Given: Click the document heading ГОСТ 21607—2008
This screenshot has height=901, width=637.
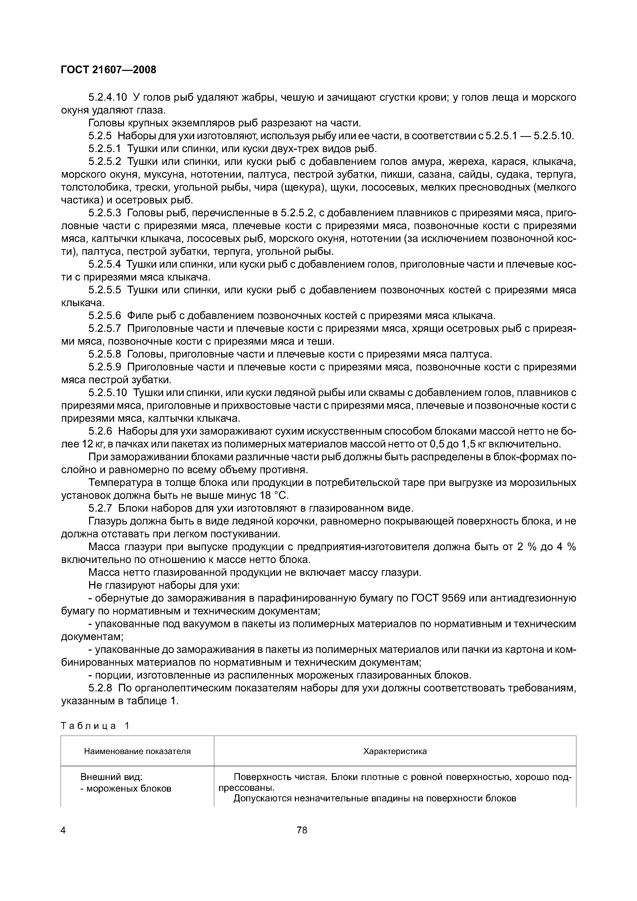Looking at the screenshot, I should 108,70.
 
